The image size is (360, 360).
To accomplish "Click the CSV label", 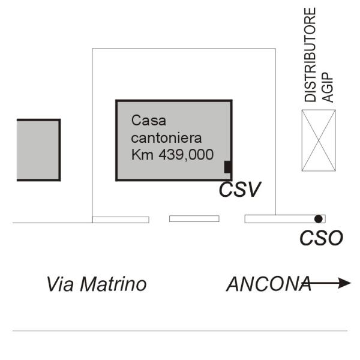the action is [240, 190].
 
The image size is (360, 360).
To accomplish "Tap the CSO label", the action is [322, 238].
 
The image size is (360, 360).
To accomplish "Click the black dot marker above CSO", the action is [318, 219].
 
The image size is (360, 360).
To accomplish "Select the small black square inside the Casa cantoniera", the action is [228, 167].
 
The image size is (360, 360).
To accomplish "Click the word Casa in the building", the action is [149, 121].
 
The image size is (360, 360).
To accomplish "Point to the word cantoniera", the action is [166, 138].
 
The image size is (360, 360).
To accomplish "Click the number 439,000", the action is [186, 155].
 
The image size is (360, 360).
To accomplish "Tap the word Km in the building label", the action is [142, 154].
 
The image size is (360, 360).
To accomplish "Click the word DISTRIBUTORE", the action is [310, 55].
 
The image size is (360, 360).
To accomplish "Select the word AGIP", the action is [328, 88].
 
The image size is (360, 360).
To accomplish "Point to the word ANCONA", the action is [269, 284].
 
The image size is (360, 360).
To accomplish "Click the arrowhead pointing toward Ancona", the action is [345, 283].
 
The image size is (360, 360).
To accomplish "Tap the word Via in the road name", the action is [61, 284].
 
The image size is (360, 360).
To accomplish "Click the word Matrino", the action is [113, 284].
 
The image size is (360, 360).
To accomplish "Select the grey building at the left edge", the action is [38, 150].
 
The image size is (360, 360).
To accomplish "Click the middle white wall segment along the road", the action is [194, 219].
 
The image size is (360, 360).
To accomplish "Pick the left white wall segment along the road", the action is [121, 220].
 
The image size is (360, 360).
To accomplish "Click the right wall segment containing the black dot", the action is [285, 219].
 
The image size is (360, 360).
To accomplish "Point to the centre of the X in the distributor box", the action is [319, 140].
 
